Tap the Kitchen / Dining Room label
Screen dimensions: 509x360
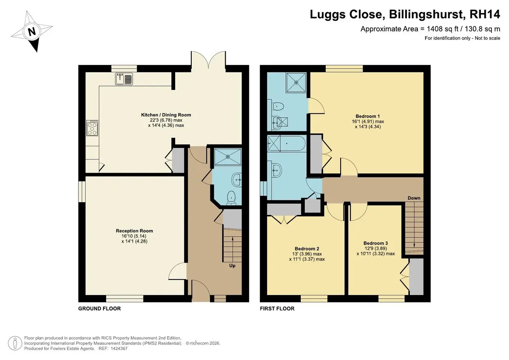(166, 115)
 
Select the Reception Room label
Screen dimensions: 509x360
(134, 231)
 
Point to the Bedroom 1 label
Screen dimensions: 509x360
(368, 116)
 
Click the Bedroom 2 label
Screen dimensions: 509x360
(307, 249)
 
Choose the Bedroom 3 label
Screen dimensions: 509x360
(376, 243)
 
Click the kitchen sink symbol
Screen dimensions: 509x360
(124, 79)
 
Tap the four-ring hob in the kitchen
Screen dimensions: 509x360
(92, 128)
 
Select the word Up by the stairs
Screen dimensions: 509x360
(232, 265)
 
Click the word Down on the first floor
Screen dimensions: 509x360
(414, 198)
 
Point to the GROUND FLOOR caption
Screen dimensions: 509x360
(100, 308)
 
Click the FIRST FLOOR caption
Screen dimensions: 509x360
(277, 308)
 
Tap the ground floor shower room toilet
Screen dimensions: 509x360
(231, 198)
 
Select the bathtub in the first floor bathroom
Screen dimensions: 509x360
(287, 144)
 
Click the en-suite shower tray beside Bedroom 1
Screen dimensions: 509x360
(296, 82)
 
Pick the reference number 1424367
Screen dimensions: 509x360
(119, 349)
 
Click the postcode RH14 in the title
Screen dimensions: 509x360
(484, 14)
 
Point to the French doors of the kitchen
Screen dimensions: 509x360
(208, 59)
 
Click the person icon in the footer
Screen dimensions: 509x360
(15, 343)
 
